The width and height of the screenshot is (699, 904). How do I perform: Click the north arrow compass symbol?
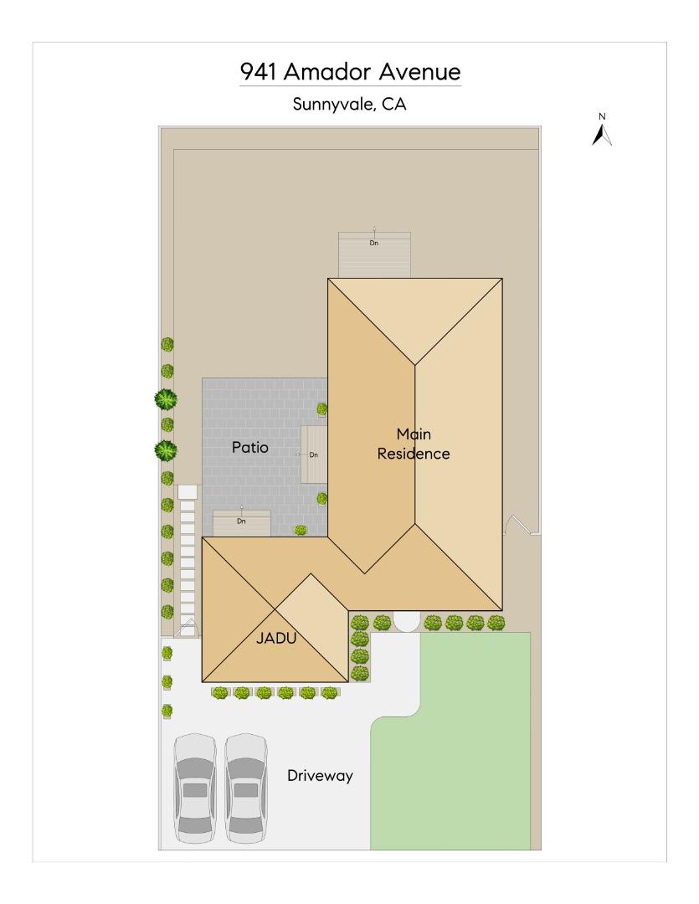tap(601, 132)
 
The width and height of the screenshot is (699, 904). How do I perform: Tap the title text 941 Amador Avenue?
tap(350, 72)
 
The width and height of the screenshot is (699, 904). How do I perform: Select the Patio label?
tap(249, 448)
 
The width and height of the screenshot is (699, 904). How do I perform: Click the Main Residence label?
tap(414, 444)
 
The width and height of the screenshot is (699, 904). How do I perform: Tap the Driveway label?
tap(320, 776)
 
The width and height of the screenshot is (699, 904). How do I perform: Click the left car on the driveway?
tap(194, 788)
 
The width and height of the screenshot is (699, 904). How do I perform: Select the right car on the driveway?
tap(245, 788)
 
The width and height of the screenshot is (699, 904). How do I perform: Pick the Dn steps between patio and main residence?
tap(313, 454)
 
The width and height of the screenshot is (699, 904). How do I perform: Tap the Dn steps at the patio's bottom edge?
tap(241, 522)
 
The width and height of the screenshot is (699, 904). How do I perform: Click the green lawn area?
tap(456, 737)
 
